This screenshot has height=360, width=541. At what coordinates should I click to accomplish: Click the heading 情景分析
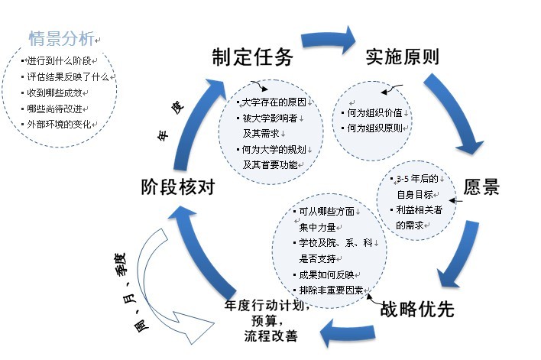(x=61, y=37)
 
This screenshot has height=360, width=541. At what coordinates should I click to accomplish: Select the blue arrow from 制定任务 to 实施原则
(x=329, y=40)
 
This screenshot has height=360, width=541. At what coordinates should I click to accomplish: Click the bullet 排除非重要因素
(x=330, y=290)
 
